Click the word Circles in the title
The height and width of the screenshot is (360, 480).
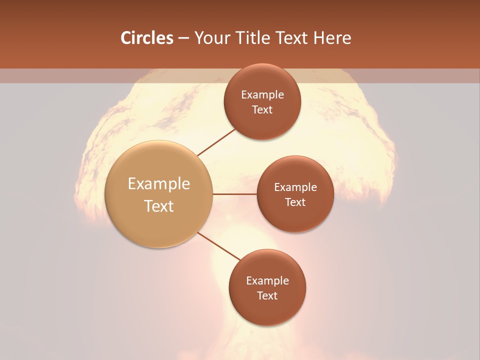pos(146,38)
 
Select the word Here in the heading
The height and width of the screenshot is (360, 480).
pos(332,38)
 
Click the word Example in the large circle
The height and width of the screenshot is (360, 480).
pos(159,184)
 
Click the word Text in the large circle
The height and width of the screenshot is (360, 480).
pos(159,206)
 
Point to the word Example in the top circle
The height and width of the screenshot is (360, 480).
pos(262,95)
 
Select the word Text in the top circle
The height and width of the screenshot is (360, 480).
pos(262,109)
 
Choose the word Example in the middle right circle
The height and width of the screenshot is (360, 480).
pos(295,187)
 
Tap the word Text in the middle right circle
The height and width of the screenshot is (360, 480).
pos(295,202)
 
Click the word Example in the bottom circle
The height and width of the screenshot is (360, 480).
pos(267,281)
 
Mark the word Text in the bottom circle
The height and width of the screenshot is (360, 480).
pos(267,295)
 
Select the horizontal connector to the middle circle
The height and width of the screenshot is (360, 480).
pos(234,194)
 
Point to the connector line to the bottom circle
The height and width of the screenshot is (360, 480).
pos(219,246)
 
